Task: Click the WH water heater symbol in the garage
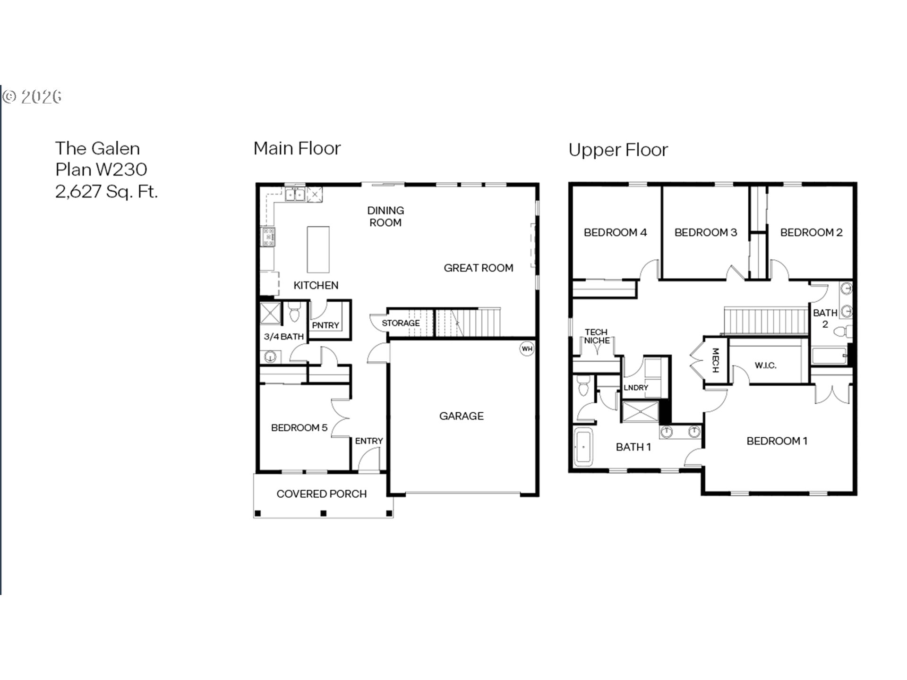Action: click(527, 348)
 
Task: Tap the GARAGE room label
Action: click(462, 416)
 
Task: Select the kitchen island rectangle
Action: click(318, 249)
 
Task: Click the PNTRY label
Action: click(325, 325)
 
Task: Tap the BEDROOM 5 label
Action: click(299, 428)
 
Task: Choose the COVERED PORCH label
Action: click(322, 494)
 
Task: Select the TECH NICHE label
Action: click(597, 336)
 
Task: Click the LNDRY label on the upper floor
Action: click(636, 388)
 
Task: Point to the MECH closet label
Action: click(715, 360)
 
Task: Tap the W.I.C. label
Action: click(765, 365)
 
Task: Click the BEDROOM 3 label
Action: click(706, 232)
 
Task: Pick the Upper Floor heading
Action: click(618, 150)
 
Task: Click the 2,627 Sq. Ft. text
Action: click(106, 192)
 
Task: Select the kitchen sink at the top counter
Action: click(295, 194)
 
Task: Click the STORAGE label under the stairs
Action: click(401, 323)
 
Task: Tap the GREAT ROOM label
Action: click(479, 268)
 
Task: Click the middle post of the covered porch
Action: click(324, 513)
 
